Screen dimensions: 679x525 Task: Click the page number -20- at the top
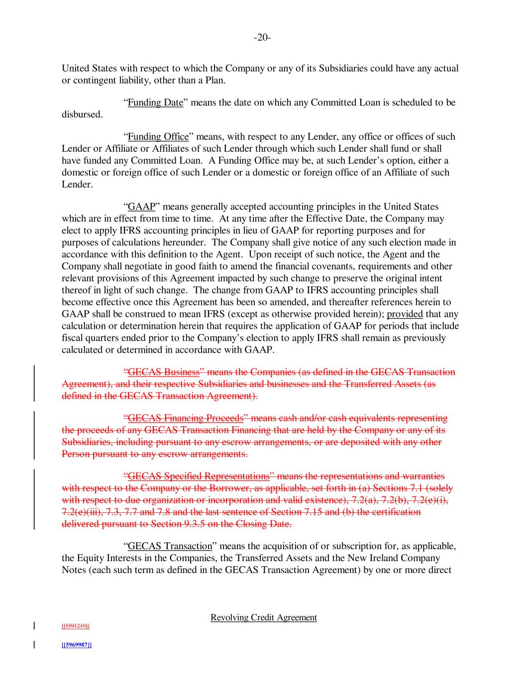click(262, 38)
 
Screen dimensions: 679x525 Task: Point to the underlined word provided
click(405, 314)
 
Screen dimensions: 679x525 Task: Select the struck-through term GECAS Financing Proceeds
click(186, 418)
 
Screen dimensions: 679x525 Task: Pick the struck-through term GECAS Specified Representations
click(199, 477)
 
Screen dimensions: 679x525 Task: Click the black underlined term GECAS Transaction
click(170, 547)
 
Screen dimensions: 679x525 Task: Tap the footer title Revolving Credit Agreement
click(263, 618)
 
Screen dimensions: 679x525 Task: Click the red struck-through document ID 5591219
click(76, 626)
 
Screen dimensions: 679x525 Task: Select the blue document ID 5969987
click(76, 645)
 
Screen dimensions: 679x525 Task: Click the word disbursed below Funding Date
click(82, 115)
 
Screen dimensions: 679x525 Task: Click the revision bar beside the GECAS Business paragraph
click(34, 384)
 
